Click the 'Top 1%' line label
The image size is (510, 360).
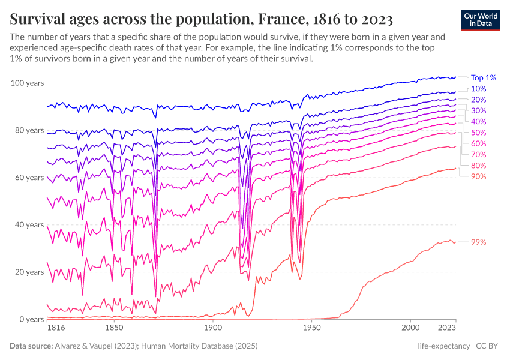(483, 77)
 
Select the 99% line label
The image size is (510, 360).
(478, 242)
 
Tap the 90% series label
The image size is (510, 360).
(478, 176)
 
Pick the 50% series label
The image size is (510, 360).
(478, 133)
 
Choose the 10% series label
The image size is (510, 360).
(478, 89)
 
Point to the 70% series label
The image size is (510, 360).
(478, 154)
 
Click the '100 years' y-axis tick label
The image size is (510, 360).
(27, 83)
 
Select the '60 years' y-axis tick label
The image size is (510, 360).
(29, 178)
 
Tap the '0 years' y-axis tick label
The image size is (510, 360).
(31, 319)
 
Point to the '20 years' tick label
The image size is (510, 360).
(29, 272)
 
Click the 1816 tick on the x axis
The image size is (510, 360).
(55, 329)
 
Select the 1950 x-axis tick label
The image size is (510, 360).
(311, 329)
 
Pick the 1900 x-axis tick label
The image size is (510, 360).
(212, 329)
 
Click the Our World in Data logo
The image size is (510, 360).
(481, 19)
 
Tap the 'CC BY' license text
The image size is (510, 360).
(488, 346)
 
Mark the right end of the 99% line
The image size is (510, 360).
(456, 242)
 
